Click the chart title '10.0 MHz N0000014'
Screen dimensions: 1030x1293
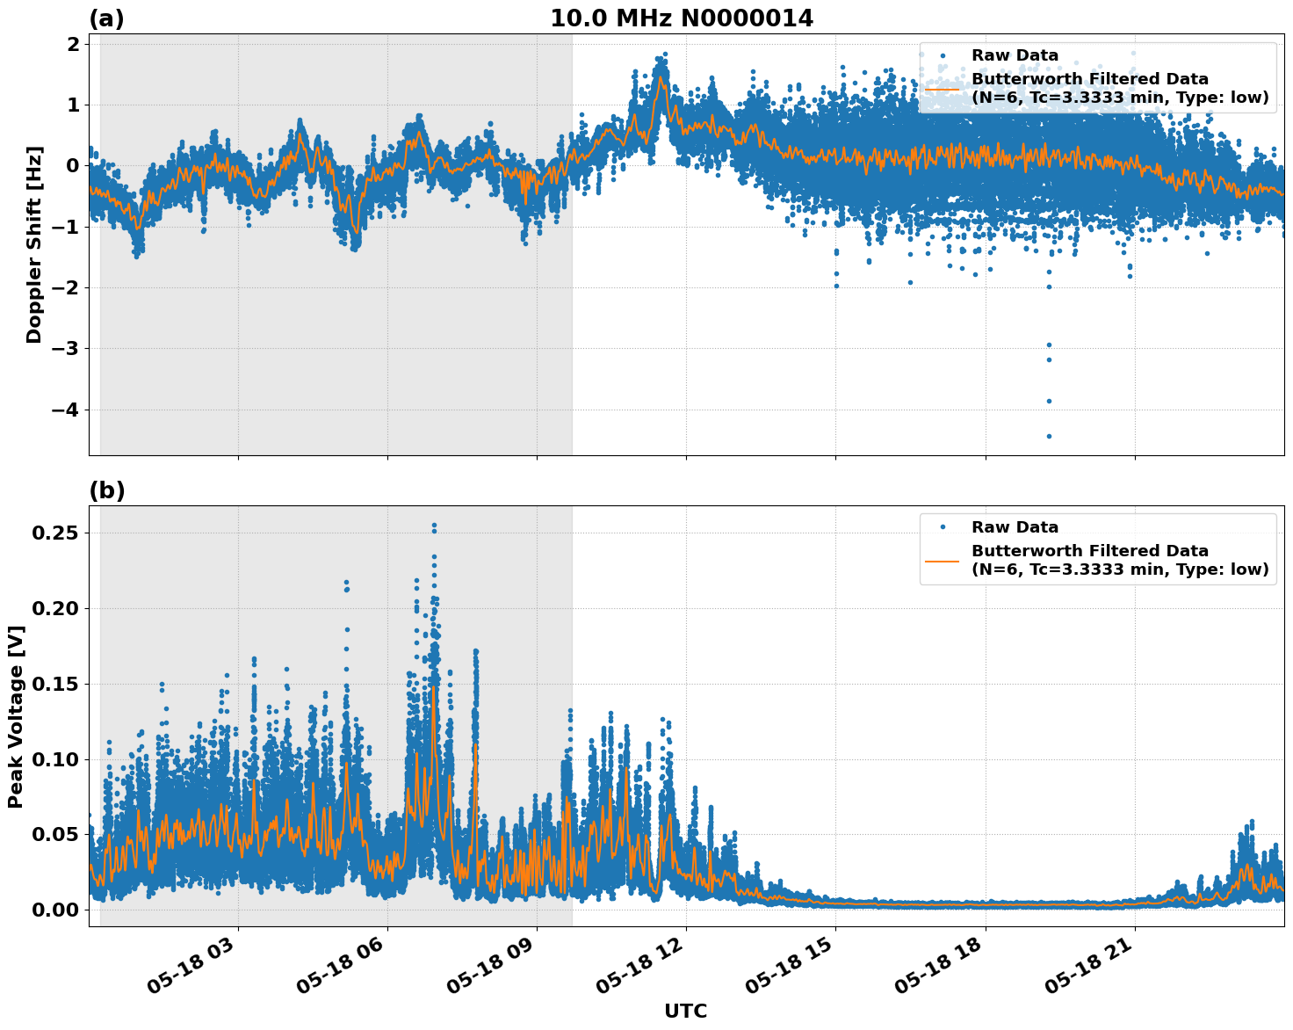(x=681, y=18)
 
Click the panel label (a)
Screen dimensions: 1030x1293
(x=106, y=18)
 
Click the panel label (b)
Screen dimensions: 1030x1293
(x=106, y=490)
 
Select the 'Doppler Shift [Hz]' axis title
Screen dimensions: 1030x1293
(x=34, y=245)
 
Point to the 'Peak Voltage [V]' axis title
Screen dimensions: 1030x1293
(x=15, y=716)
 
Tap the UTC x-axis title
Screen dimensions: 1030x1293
(x=685, y=1011)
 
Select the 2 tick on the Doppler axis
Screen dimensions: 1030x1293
(x=73, y=44)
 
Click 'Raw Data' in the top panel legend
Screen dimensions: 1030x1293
(x=1015, y=55)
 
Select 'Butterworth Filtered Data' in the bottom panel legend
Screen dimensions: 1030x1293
(x=1089, y=551)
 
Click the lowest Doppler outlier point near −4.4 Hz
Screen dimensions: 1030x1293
(x=1049, y=436)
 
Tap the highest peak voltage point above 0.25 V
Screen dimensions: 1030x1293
(x=434, y=526)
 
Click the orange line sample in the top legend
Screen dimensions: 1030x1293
(x=942, y=89)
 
